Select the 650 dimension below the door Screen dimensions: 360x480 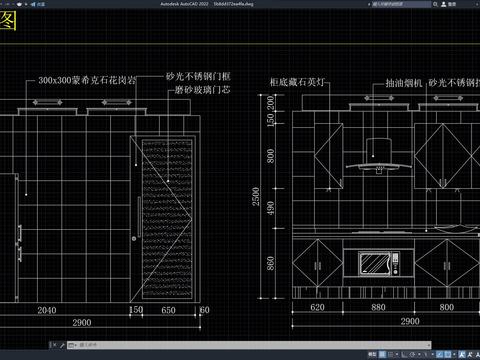(169, 310)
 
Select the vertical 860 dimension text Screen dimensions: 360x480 (271, 266)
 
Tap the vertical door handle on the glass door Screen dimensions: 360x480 (134, 238)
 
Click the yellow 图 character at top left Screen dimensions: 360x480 (8, 24)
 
